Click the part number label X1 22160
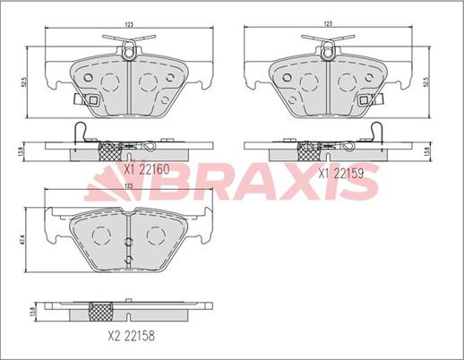point(147,169)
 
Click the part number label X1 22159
point(341,174)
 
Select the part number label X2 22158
point(132,336)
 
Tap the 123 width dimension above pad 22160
point(129,24)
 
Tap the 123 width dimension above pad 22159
point(328,23)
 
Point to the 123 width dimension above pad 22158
point(128,186)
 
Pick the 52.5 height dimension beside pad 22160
point(24,82)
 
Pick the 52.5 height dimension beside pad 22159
point(427,81)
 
